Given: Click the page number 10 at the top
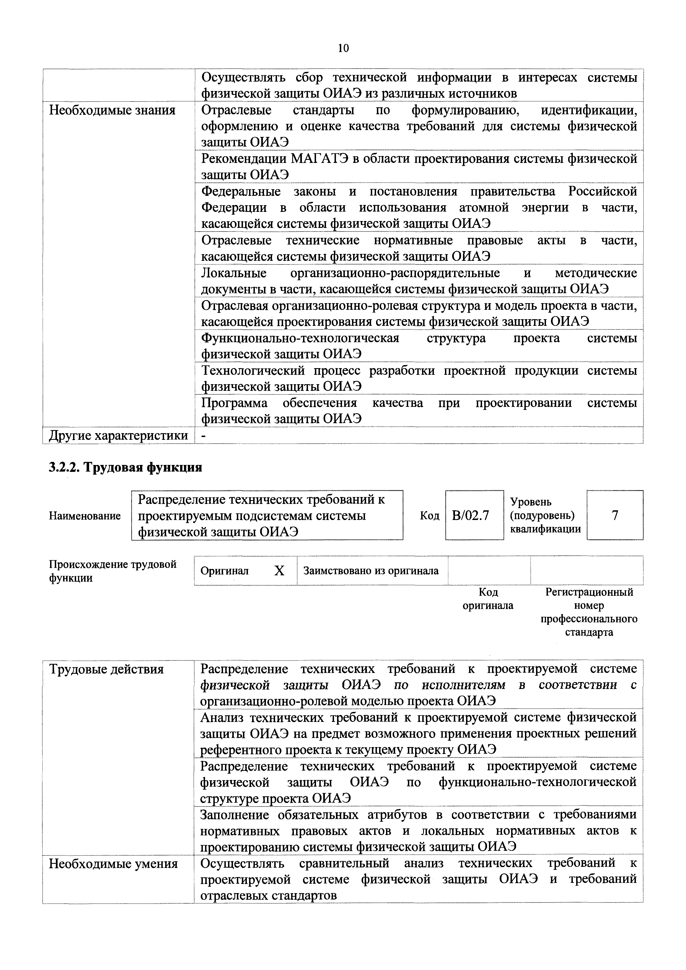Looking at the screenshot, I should [343, 49].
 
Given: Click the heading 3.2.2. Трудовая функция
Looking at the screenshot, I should [126, 467].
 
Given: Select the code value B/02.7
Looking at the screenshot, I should [470, 515].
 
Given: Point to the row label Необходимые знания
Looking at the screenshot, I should [112, 110].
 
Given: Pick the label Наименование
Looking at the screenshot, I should [84, 516].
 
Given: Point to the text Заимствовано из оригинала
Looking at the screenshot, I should [371, 571].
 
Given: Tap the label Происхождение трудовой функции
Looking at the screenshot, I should [112, 571].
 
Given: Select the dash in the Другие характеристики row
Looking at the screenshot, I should [203, 436].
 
